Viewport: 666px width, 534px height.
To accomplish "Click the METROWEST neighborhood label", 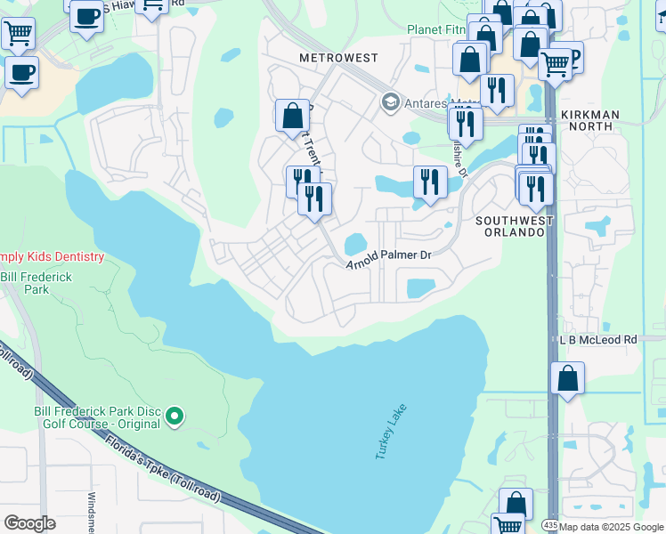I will point(338,58).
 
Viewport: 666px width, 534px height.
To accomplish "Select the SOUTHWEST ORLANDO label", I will point(514,226).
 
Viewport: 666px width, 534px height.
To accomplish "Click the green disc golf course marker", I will point(175,415).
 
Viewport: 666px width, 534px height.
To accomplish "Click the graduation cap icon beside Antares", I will point(389,101).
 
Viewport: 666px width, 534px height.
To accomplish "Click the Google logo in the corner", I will point(29,522).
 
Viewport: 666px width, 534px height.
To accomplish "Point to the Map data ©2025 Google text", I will point(613,527).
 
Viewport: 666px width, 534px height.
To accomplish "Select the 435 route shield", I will point(550,527).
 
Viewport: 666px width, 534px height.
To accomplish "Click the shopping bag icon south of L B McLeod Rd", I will point(567,378).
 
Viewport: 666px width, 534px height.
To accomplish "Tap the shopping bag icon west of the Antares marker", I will point(292,116).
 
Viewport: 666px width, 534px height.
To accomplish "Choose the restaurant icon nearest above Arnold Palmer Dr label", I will point(430,182).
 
